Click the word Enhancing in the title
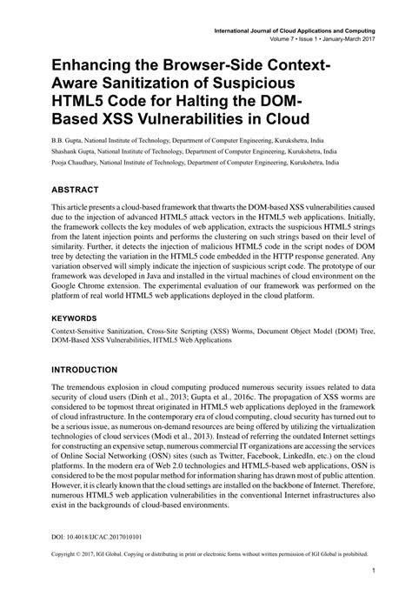click(x=95, y=66)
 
